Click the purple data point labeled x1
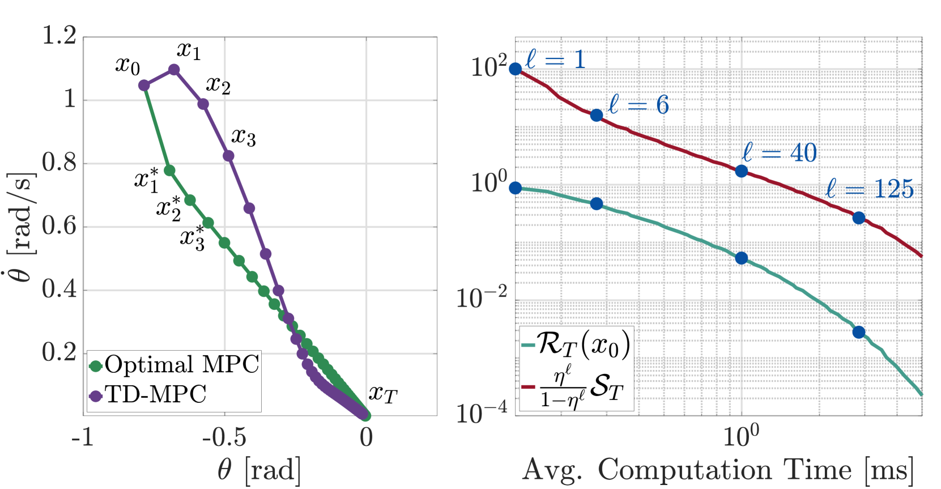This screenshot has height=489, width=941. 174,70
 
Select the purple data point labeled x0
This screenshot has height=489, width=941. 144,86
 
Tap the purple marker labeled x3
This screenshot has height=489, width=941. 229,156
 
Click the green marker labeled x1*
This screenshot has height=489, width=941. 169,170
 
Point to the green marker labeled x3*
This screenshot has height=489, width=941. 208,223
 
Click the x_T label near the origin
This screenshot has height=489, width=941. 383,393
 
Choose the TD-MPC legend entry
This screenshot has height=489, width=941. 148,394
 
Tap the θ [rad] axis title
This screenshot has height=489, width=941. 259,470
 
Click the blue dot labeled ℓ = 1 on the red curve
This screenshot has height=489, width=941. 516,69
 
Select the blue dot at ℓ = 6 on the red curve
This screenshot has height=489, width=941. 597,116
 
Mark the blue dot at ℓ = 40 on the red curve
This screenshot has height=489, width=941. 741,171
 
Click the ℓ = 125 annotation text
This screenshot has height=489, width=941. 870,189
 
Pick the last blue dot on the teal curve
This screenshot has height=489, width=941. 859,332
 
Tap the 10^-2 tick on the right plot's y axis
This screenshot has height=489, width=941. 481,297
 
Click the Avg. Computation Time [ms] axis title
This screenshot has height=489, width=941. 718,470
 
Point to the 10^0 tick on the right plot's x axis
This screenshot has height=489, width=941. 741,436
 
